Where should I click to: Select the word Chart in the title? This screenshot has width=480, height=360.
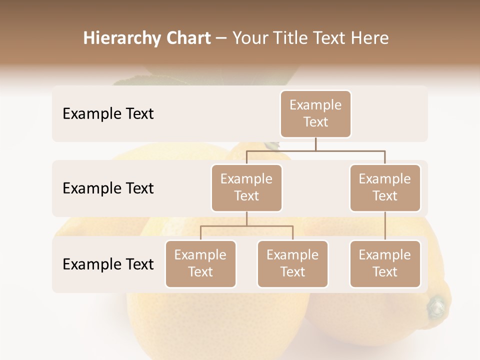(x=187, y=38)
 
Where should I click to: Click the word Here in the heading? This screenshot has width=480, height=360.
(x=369, y=38)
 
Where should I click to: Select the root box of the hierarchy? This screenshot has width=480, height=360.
(x=315, y=113)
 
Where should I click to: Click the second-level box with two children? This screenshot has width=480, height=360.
(x=246, y=187)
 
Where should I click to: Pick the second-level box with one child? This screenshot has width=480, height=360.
(x=385, y=187)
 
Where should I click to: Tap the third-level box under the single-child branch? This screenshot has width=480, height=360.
(x=385, y=263)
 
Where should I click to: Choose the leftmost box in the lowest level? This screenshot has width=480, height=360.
(x=200, y=263)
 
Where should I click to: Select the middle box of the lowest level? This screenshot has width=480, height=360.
(x=292, y=263)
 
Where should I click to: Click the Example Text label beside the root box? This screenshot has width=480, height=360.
(x=108, y=113)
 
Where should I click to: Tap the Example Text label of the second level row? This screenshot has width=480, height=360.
(x=108, y=188)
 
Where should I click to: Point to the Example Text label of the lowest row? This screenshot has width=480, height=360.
(x=108, y=263)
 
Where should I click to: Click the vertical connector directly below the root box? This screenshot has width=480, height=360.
(x=315, y=144)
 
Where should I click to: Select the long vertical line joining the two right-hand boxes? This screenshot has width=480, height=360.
(x=385, y=226)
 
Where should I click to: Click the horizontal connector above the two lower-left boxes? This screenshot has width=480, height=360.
(x=246, y=226)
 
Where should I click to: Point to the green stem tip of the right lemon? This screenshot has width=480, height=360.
(x=436, y=304)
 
